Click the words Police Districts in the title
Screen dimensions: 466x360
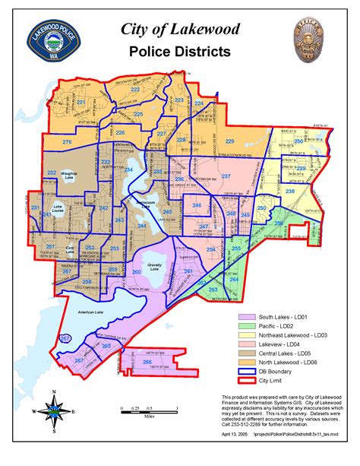(x=180, y=52)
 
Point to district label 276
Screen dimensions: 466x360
(x=67, y=142)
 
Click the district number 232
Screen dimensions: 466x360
(x=52, y=174)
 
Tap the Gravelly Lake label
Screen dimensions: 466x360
(x=152, y=266)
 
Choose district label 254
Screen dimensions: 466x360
(x=210, y=249)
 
